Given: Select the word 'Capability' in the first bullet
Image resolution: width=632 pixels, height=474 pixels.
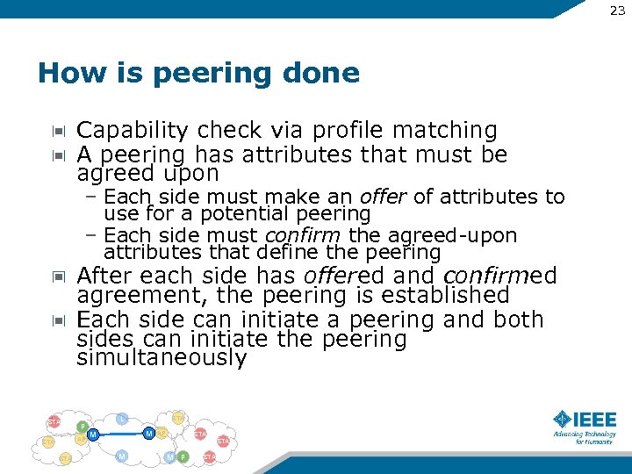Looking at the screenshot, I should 133,131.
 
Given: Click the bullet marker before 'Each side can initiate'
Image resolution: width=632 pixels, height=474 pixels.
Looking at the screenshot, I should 58,320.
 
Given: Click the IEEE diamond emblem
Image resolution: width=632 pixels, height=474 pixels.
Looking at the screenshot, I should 563,419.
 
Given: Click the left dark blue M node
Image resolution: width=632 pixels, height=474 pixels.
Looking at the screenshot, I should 92,434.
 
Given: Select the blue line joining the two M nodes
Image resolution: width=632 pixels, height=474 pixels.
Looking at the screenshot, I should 120,434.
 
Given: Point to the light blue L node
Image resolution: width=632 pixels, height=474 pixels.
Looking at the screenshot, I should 123,419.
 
